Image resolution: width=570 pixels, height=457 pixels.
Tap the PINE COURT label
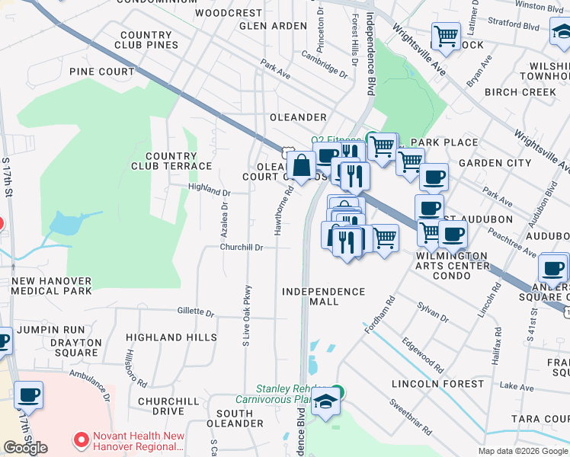tap(101, 72)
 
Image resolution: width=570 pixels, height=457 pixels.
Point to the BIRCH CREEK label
tap(521, 92)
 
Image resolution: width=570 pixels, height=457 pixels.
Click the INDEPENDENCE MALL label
tap(323, 296)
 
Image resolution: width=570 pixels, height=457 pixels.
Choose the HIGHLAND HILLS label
tap(165, 337)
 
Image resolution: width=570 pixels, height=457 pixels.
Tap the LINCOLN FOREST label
tap(437, 384)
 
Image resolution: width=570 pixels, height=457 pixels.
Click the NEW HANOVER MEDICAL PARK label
tap(51, 286)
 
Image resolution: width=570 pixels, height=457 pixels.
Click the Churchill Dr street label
tap(242, 248)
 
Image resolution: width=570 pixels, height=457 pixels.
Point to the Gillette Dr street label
tap(196, 312)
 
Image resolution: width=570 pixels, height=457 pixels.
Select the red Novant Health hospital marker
tap(82, 440)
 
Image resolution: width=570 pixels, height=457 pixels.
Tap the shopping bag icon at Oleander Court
tap(301, 165)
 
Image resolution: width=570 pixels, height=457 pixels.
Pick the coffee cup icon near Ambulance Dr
tap(28, 395)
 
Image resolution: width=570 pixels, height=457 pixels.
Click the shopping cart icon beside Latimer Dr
tap(446, 35)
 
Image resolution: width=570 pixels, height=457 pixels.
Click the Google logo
tap(25, 448)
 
